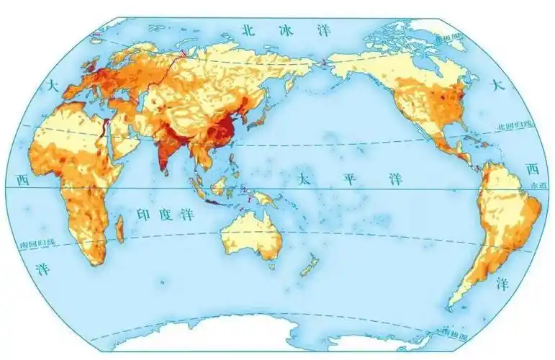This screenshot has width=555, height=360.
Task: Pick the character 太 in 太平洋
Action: [307, 175]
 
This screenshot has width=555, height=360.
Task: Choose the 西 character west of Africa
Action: [22, 179]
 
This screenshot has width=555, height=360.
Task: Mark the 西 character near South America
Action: [532, 169]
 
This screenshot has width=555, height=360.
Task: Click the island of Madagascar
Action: [120, 231]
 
